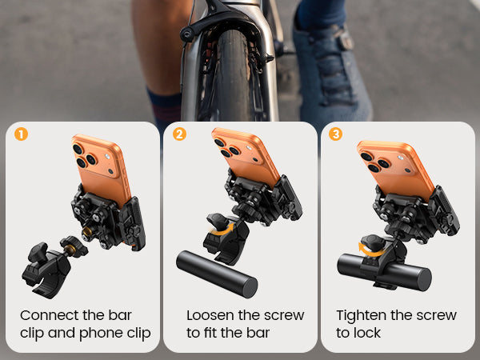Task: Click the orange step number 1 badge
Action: coord(21,134)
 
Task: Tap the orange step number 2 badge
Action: coord(179,134)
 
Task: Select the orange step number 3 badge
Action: coord(335,134)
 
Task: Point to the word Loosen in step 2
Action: coord(209,315)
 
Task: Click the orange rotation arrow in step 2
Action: coord(221,231)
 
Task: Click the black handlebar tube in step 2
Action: coord(217,274)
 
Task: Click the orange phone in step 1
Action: coord(102,168)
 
